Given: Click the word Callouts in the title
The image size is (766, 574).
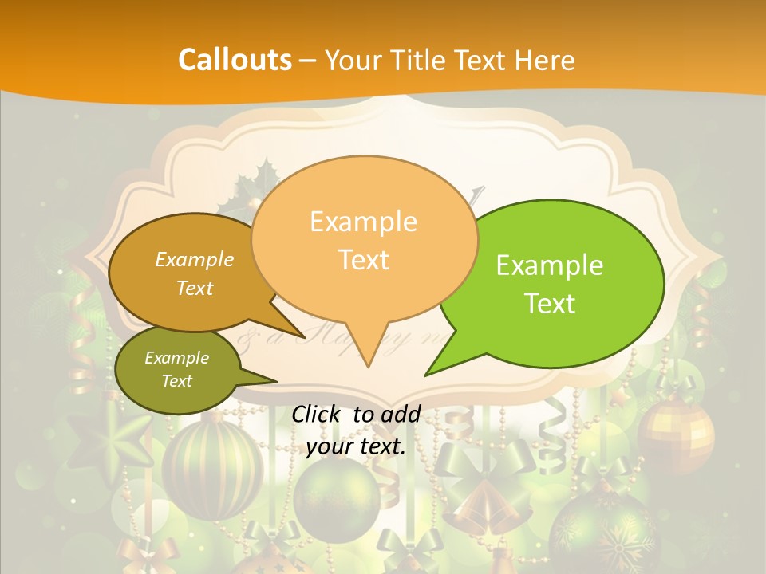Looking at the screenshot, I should [x=235, y=60].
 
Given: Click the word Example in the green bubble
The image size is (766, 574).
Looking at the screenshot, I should [x=550, y=265].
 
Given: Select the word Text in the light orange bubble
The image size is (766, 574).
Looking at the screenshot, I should [x=363, y=259].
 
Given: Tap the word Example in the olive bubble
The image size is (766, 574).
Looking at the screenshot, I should [x=176, y=358].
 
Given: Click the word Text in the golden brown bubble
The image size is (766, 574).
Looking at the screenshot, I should [x=195, y=288].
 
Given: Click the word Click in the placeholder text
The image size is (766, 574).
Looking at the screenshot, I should [x=318, y=413].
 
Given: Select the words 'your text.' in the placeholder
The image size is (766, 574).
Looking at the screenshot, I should [x=356, y=446].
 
